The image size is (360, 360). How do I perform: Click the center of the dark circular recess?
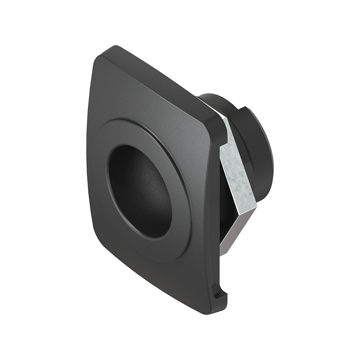tap(139, 191)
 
